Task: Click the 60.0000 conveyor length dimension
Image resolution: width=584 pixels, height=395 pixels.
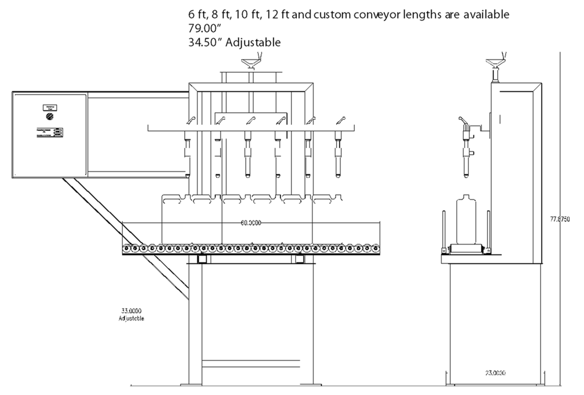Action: click(251, 223)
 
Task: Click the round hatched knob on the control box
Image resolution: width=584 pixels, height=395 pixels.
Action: click(50, 116)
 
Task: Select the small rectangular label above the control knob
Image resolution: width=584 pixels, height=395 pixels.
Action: click(50, 107)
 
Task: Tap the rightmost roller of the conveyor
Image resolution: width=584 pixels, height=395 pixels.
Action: click(374, 249)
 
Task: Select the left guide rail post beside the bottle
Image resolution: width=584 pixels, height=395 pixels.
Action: click(442, 232)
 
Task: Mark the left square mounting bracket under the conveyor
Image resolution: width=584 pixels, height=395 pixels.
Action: click(202, 260)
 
